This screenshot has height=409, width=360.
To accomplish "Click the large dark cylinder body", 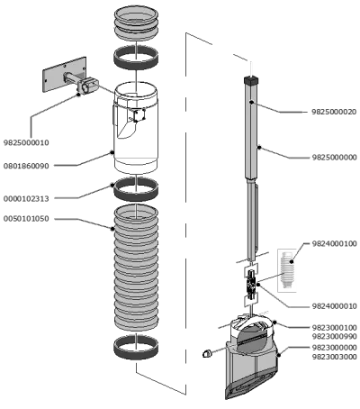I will click(137, 131).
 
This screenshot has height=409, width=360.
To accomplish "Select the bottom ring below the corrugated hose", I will click(137, 348).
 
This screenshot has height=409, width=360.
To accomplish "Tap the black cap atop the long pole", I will click(251, 81).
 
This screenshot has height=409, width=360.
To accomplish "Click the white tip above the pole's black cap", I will click(251, 64).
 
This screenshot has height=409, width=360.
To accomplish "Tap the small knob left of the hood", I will click(208, 354).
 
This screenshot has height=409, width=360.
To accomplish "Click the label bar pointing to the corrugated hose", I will click(67, 219).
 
